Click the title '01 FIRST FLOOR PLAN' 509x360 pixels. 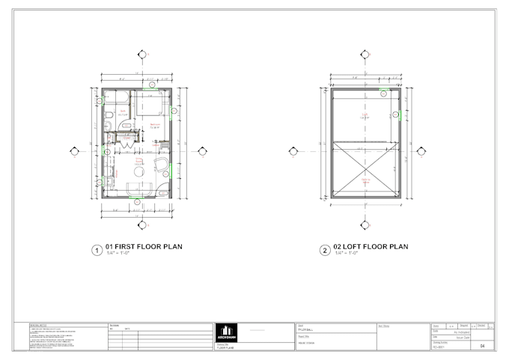coord(144,246)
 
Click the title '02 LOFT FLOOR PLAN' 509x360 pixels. coord(372,246)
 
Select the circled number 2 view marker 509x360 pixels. coord(324,251)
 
